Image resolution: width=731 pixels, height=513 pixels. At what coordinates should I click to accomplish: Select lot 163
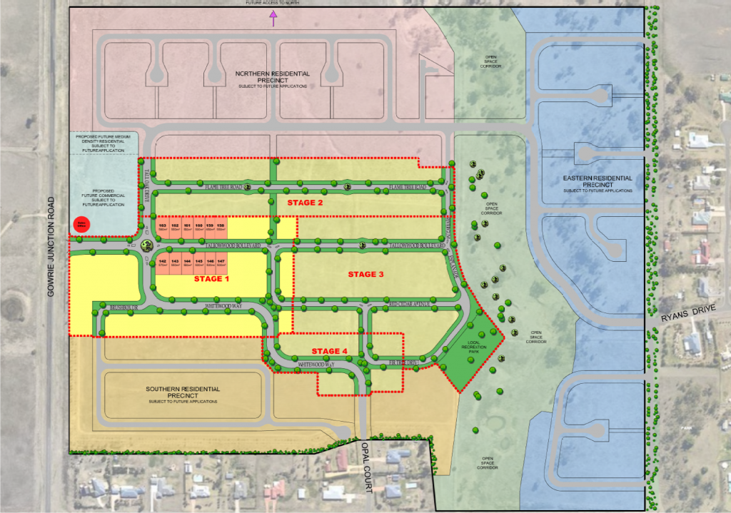pyautogui.click(x=163, y=228)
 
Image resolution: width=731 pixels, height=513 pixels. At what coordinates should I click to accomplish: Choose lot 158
pyautogui.click(x=221, y=228)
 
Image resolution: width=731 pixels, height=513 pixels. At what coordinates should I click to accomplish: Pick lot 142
pyautogui.click(x=163, y=264)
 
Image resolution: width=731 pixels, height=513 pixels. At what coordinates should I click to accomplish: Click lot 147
pyautogui.click(x=221, y=264)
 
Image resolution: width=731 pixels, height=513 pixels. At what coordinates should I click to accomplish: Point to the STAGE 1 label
pyautogui.click(x=212, y=279)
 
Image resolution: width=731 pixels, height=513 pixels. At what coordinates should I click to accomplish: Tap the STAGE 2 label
pyautogui.click(x=305, y=203)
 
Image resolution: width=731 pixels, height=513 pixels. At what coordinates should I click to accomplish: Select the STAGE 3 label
pyautogui.click(x=365, y=274)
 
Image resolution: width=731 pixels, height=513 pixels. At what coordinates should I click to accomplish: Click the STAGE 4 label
pyautogui.click(x=329, y=351)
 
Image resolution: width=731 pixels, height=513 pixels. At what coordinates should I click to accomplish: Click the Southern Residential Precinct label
pyautogui.click(x=183, y=394)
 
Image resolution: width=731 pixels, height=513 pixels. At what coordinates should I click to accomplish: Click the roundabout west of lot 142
pyautogui.click(x=147, y=245)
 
